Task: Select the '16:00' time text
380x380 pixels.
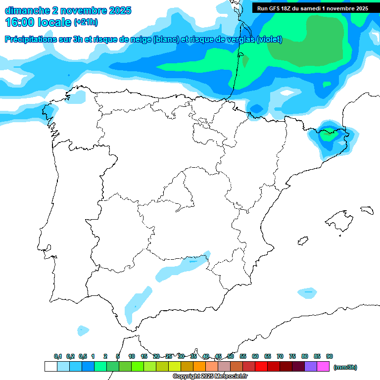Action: pos(20,22)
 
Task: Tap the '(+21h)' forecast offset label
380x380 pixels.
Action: pos(86,22)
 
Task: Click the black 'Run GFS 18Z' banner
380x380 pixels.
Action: pos(313,8)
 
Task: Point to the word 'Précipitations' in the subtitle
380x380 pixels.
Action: pos(30,40)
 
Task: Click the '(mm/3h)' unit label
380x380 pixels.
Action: pos(345,367)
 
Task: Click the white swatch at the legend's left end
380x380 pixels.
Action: pos(50,367)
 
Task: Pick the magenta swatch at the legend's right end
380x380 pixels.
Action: pos(324,367)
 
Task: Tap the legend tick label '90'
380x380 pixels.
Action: pos(330,356)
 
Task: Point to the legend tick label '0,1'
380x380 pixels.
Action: pos(58,356)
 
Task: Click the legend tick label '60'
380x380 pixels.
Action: pos(255,356)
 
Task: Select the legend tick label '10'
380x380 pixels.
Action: pos(132,356)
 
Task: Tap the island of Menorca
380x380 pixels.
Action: pos(367,210)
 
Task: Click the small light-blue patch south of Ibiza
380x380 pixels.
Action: pos(307,292)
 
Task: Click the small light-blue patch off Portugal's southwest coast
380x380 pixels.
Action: pos(83,330)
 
